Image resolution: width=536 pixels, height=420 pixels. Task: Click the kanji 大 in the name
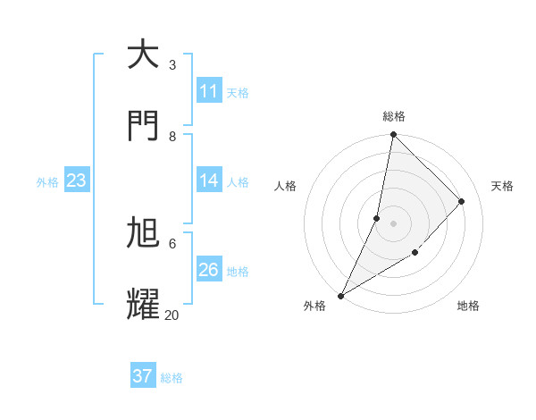tap(143, 55)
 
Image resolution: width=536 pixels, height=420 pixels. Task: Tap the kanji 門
tap(143, 126)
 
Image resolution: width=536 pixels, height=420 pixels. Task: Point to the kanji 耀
tap(143, 304)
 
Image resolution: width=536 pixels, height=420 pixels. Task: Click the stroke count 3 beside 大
tap(172, 64)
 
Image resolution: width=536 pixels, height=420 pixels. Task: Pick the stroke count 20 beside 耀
tap(172, 315)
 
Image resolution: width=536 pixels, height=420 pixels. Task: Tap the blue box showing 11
tap(209, 91)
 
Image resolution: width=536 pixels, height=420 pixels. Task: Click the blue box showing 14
tap(209, 181)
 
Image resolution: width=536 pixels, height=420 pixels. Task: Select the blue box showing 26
tap(209, 270)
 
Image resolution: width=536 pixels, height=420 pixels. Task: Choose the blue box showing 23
tap(77, 181)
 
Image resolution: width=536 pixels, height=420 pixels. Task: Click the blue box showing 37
tap(143, 376)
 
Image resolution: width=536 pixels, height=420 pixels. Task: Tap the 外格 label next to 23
tap(47, 181)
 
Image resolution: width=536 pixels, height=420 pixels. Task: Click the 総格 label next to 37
tap(172, 378)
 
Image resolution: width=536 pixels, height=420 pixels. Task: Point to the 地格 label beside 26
tap(238, 271)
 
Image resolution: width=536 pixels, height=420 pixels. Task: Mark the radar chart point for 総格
tap(393, 134)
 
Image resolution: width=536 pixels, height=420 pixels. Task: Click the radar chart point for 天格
tap(462, 201)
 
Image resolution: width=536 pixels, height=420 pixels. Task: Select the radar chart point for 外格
tap(340, 295)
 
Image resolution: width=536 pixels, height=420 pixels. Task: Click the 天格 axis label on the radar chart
tap(502, 186)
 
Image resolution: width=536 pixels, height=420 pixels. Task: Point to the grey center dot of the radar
tap(393, 223)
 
